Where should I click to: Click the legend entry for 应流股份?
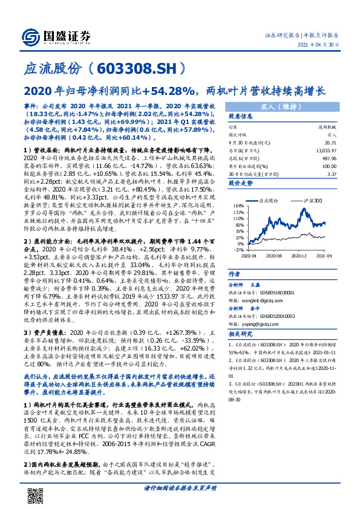click(x=270, y=216)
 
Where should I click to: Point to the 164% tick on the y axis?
click(x=237, y=222)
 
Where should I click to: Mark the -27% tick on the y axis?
click(x=237, y=249)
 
